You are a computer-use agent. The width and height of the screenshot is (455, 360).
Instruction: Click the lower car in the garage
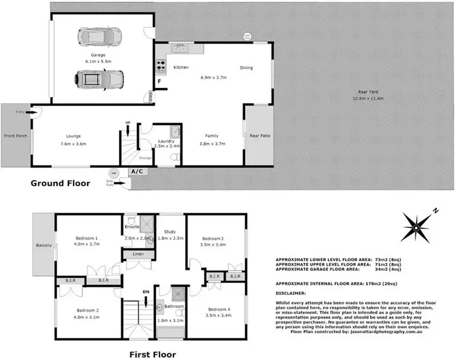pyautogui.click(x=99, y=78)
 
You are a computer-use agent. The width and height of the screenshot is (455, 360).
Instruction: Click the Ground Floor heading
pyautogui.click(x=60, y=182)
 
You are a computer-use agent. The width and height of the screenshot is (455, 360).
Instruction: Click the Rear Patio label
pyautogui.click(x=259, y=136)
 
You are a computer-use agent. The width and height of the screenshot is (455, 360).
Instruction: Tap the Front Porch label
pyautogui.click(x=15, y=136)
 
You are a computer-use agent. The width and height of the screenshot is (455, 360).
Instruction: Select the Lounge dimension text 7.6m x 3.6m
pyautogui.click(x=73, y=144)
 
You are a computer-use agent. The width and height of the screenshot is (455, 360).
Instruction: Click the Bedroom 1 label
pyautogui.click(x=87, y=238)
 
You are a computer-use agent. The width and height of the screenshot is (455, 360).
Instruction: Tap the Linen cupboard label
pyautogui.click(x=138, y=255)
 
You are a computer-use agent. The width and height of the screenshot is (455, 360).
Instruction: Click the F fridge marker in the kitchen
pyautogui.click(x=159, y=81)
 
